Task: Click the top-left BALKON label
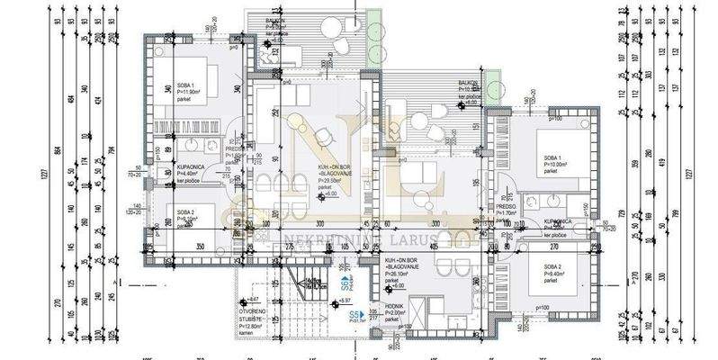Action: point(276,22)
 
